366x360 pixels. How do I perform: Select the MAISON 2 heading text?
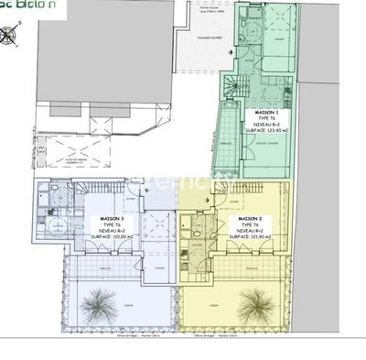click(x=251, y=218)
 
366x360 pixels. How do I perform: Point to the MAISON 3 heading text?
click(x=111, y=219)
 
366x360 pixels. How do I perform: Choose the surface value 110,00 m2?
click(x=111, y=237)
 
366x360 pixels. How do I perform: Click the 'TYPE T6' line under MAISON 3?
click(x=111, y=225)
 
